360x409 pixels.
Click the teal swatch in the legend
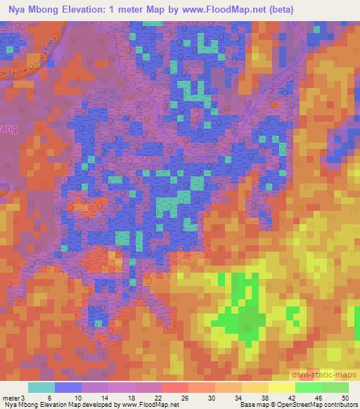41,387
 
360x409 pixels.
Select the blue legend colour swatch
68,387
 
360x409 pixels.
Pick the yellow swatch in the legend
282,387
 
